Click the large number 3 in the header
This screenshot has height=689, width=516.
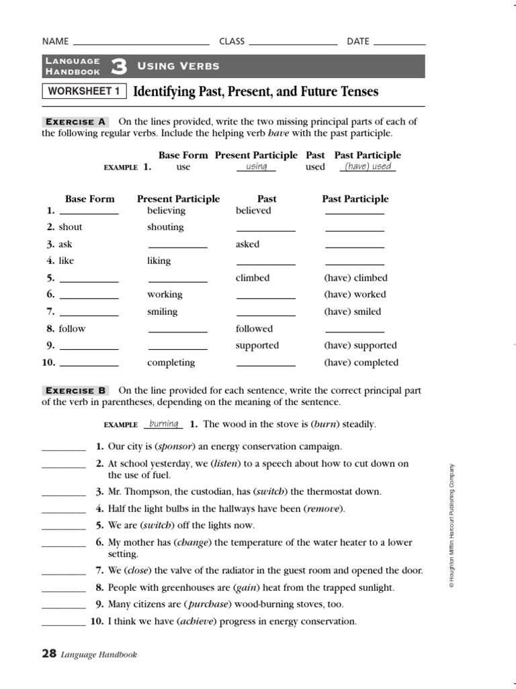click(x=119, y=66)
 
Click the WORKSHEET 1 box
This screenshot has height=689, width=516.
click(x=85, y=92)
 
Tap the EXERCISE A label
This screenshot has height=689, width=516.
click(x=76, y=122)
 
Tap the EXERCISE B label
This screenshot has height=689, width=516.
click(x=76, y=390)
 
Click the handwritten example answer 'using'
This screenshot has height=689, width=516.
click(x=256, y=166)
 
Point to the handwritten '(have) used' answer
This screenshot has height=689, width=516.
click(x=368, y=166)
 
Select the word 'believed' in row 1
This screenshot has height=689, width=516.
click(x=253, y=211)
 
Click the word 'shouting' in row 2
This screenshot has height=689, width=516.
click(x=165, y=227)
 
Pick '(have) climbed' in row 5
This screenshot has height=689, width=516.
click(x=355, y=278)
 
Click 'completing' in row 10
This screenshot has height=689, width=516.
click(x=171, y=363)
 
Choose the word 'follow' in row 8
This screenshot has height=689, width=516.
click(x=72, y=329)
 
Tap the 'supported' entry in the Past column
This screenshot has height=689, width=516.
click(x=257, y=346)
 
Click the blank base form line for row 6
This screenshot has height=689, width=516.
click(x=89, y=297)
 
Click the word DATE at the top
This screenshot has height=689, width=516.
click(x=358, y=42)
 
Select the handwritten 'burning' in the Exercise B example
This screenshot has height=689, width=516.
click(x=163, y=424)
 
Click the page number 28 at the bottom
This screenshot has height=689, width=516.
click(x=49, y=653)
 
